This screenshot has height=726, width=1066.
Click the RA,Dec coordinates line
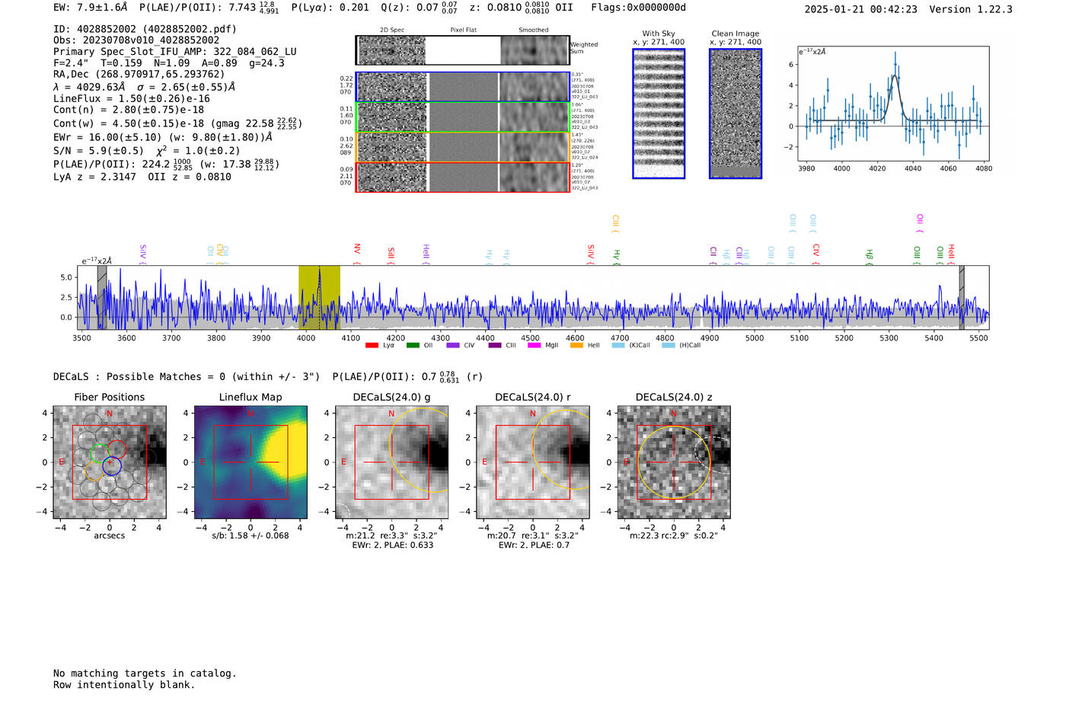[x=139, y=74]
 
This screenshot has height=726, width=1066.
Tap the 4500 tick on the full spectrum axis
[x=530, y=337]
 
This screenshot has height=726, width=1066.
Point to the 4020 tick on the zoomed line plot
[x=877, y=168]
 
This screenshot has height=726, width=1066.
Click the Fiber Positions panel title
[x=109, y=397]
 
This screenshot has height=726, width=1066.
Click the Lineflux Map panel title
[x=250, y=397]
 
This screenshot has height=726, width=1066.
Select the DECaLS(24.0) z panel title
[x=673, y=397]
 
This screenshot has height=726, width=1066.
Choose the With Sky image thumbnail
[x=659, y=114]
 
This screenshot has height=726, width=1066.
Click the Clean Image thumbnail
[x=735, y=114]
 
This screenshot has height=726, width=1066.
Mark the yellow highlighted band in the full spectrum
[x=319, y=297]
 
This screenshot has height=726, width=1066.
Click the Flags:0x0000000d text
[x=638, y=8]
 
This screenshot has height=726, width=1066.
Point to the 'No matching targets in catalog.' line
[x=145, y=673]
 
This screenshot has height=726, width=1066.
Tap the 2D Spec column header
[x=392, y=30]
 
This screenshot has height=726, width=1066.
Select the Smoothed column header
[x=533, y=30]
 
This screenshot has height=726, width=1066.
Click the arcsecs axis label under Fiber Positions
[x=109, y=536]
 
